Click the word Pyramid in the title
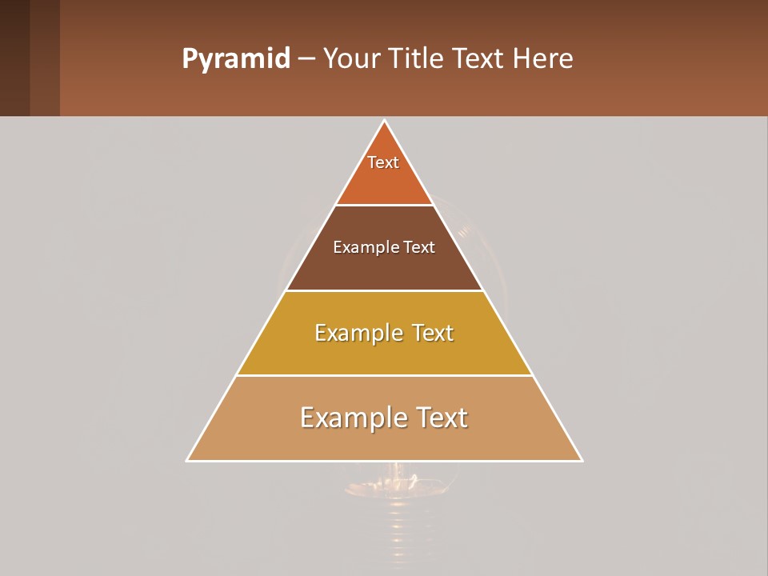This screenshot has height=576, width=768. [235, 59]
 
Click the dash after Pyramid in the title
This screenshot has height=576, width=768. [306, 59]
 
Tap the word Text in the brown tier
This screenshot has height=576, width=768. [419, 247]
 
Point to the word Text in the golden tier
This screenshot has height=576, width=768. [433, 333]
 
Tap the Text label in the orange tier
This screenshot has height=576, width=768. [383, 162]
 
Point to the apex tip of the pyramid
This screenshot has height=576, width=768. [385, 121]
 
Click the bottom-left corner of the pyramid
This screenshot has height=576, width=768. [188, 460]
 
